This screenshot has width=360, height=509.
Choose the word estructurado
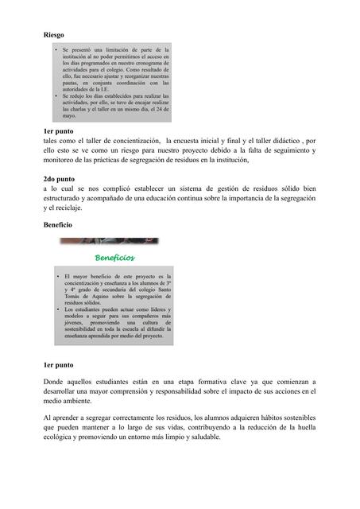[69, 199]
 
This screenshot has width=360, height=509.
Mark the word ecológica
[62, 438]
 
